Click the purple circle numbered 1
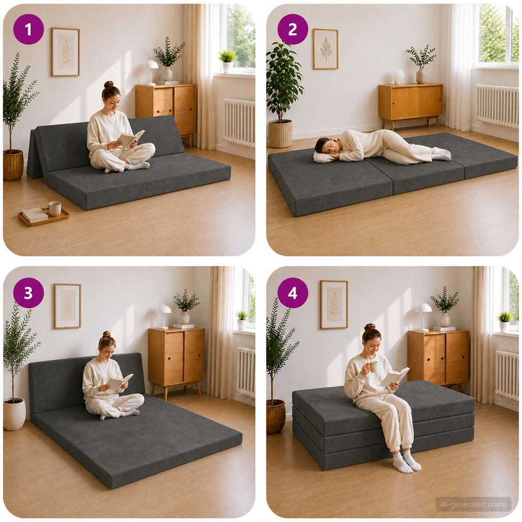click(x=29, y=29)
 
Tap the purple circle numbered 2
click(x=293, y=29)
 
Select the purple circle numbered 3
click(x=29, y=293)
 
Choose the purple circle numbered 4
click(x=293, y=293)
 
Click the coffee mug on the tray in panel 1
click(x=54, y=208)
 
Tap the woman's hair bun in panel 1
click(x=109, y=84)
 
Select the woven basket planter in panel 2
click(x=280, y=134)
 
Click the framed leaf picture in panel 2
click(x=325, y=49)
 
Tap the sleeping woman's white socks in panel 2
click(x=441, y=153)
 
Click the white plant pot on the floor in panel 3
click(x=14, y=414)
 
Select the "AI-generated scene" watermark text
click(x=473, y=505)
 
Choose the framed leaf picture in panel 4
click(x=334, y=305)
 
